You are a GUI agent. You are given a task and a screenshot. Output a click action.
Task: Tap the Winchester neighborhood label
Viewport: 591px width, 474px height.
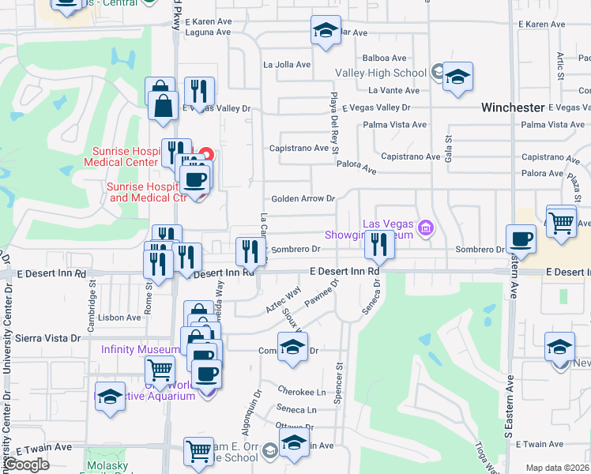[x=514, y=107]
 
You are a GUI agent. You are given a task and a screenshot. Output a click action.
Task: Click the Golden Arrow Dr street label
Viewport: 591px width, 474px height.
[x=303, y=199]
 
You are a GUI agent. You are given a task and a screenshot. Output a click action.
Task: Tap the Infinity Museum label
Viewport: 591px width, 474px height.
[x=140, y=349]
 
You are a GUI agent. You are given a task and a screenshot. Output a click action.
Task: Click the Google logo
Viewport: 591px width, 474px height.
[x=26, y=465]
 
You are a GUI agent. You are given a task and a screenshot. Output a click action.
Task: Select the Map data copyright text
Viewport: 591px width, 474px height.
[x=558, y=468]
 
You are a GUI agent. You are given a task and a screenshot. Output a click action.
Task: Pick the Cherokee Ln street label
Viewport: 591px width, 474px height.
[x=302, y=391]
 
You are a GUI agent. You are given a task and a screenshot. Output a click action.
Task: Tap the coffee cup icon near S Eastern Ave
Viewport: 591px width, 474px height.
[x=521, y=239]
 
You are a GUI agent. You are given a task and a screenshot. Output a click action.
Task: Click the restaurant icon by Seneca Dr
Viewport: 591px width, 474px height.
[x=380, y=246]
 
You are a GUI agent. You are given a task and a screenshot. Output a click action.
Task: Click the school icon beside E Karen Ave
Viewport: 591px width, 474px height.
[x=326, y=32]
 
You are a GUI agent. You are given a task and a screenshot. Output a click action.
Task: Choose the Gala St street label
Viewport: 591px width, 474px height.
[x=447, y=147]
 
